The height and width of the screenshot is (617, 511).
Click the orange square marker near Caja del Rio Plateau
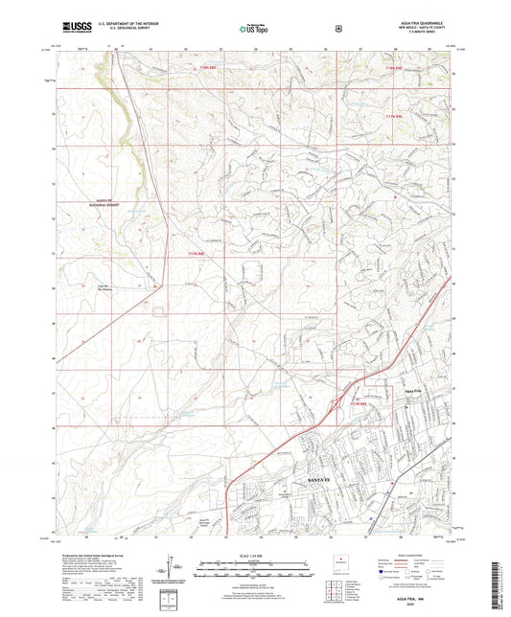click(x=155, y=285)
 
